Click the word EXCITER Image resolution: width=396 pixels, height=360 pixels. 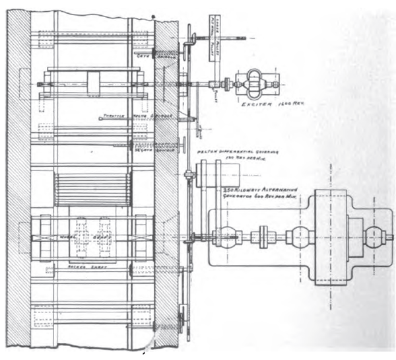pos(252,106)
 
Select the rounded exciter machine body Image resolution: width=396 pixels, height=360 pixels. pos(253,84)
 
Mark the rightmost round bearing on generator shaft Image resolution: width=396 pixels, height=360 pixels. pos(374,236)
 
